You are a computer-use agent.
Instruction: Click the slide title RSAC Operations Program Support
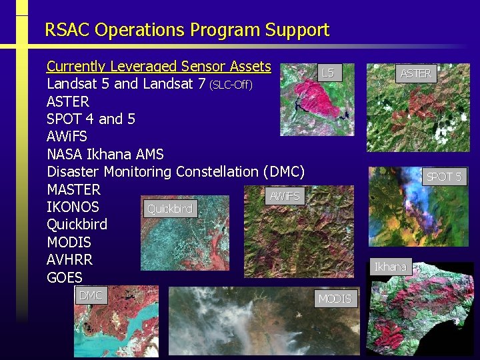tap(187, 30)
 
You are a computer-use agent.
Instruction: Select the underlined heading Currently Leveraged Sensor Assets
tap(159, 66)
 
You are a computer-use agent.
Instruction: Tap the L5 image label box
tap(328, 73)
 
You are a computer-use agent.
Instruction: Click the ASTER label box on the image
tap(415, 74)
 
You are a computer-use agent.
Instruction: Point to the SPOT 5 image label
tap(444, 177)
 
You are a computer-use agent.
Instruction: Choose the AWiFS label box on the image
tap(284, 196)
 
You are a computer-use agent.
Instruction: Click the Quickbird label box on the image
tap(169, 209)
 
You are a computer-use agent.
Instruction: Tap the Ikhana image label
tap(390, 267)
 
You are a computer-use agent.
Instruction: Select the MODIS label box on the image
tap(335, 299)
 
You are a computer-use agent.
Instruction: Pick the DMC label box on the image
tap(91, 295)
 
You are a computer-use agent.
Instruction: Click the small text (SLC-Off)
tap(231, 85)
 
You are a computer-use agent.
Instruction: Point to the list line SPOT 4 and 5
tap(91, 119)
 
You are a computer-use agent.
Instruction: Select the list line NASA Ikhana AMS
tap(105, 154)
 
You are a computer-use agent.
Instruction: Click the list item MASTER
tap(73, 189)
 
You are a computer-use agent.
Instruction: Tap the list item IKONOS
tap(73, 207)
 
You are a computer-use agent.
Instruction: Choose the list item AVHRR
tap(69, 259)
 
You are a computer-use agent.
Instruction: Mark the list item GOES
tap(65, 277)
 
